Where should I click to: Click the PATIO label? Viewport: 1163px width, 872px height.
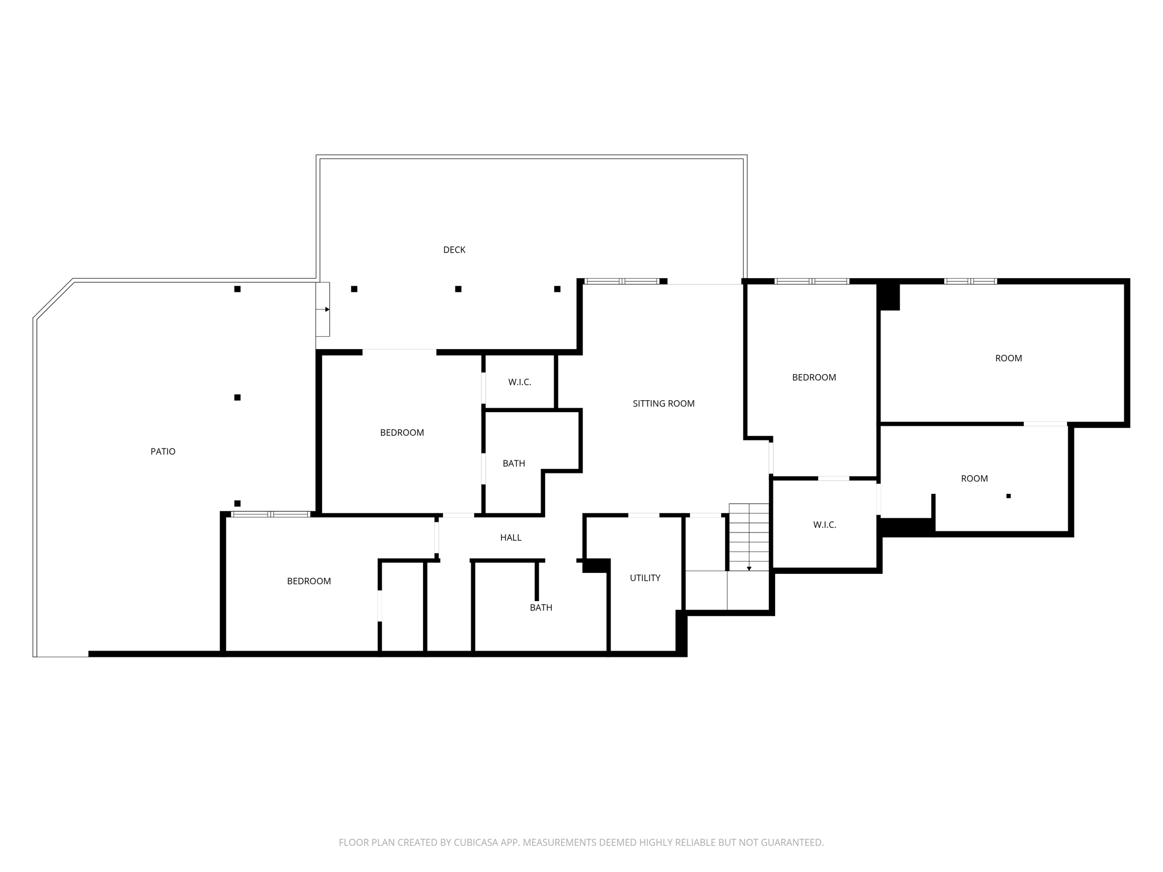click(x=163, y=452)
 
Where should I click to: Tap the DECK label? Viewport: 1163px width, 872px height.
click(x=454, y=250)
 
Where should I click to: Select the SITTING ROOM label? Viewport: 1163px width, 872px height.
click(x=663, y=404)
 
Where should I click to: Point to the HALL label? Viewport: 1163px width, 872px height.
click(x=511, y=538)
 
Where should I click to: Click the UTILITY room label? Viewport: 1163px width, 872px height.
click(x=645, y=578)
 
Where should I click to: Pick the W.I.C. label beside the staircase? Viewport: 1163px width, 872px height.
click(x=825, y=525)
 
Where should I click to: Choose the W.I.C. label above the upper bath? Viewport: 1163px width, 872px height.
click(x=520, y=383)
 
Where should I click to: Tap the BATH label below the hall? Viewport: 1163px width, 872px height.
click(x=541, y=607)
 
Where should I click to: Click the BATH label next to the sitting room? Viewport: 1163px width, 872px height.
click(x=514, y=464)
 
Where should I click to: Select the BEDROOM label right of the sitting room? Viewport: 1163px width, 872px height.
click(x=814, y=378)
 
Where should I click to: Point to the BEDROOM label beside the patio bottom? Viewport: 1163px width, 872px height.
click(x=309, y=581)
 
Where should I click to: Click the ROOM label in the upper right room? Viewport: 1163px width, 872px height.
click(x=1009, y=358)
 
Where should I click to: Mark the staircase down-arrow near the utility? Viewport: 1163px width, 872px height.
click(x=749, y=568)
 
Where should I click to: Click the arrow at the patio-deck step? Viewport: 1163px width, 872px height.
click(x=327, y=309)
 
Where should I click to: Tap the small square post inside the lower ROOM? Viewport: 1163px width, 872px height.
click(x=1009, y=496)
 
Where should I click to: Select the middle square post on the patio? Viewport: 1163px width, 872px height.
click(x=237, y=397)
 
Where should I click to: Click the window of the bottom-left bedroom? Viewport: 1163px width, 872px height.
click(x=270, y=514)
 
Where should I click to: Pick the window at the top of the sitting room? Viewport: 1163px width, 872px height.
click(x=622, y=281)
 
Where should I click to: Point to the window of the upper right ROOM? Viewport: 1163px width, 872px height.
click(x=970, y=281)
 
